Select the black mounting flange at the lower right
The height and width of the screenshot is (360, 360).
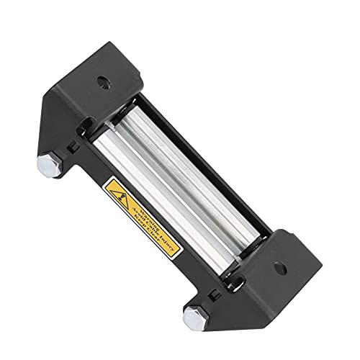coord(277,274)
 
